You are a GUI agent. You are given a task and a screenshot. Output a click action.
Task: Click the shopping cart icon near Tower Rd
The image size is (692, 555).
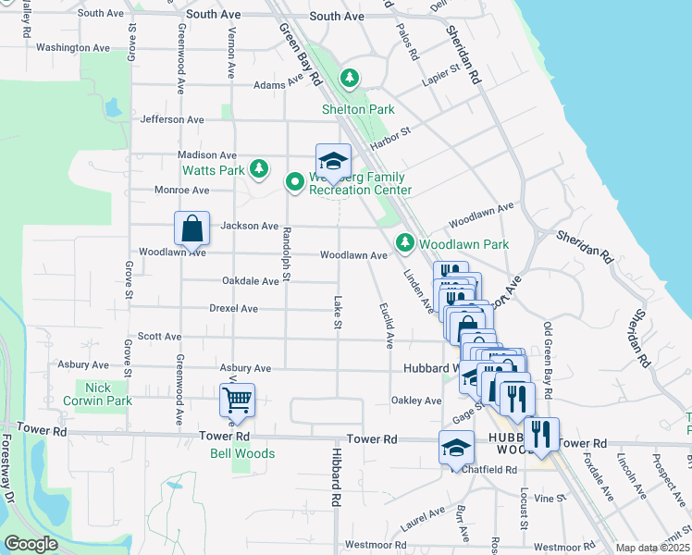[x=238, y=401]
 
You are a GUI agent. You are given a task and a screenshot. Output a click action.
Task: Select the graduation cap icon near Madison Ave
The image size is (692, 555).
[x=333, y=160]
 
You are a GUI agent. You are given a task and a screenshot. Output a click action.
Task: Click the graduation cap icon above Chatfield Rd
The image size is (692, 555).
[x=455, y=449]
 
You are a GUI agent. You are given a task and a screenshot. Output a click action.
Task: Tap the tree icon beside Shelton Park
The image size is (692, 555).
[x=350, y=79]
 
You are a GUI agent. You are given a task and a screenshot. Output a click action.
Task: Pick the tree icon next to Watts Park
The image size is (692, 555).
[x=261, y=167]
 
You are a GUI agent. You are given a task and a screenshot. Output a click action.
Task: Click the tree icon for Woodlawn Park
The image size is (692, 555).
[x=404, y=243]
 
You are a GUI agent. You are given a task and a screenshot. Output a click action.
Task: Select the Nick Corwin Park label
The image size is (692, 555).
[x=110, y=394]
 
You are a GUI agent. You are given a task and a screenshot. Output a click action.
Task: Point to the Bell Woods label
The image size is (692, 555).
[x=242, y=453]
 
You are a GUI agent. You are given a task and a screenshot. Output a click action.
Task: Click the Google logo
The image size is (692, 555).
[x=31, y=544]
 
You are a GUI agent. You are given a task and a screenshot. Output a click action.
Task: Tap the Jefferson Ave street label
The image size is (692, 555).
[x=172, y=119]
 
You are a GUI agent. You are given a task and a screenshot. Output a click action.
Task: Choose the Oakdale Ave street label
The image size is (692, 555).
[x=250, y=281]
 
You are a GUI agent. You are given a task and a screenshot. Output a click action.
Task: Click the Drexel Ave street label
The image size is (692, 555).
[x=233, y=308]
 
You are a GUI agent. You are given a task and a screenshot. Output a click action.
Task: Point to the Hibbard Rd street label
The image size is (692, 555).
[x=328, y=484]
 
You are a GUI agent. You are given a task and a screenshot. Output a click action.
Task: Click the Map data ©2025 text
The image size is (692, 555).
[x=653, y=548]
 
